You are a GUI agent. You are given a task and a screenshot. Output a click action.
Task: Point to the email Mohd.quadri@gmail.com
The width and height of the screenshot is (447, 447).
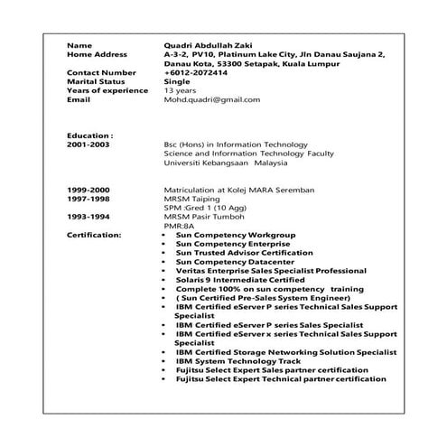[211, 99]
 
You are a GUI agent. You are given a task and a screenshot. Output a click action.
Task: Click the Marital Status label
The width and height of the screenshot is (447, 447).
[97, 81]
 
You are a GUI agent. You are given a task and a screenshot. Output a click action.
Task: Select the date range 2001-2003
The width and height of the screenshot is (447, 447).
[88, 144]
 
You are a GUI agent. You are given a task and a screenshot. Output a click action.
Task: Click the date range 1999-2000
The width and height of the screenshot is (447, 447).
[88, 190]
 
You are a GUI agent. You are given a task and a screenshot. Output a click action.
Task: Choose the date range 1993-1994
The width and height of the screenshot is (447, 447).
[88, 217]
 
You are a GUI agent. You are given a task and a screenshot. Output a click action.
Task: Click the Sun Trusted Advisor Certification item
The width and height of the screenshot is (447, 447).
[244, 253]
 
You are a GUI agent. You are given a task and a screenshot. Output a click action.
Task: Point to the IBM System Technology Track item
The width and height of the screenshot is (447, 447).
[235, 361]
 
